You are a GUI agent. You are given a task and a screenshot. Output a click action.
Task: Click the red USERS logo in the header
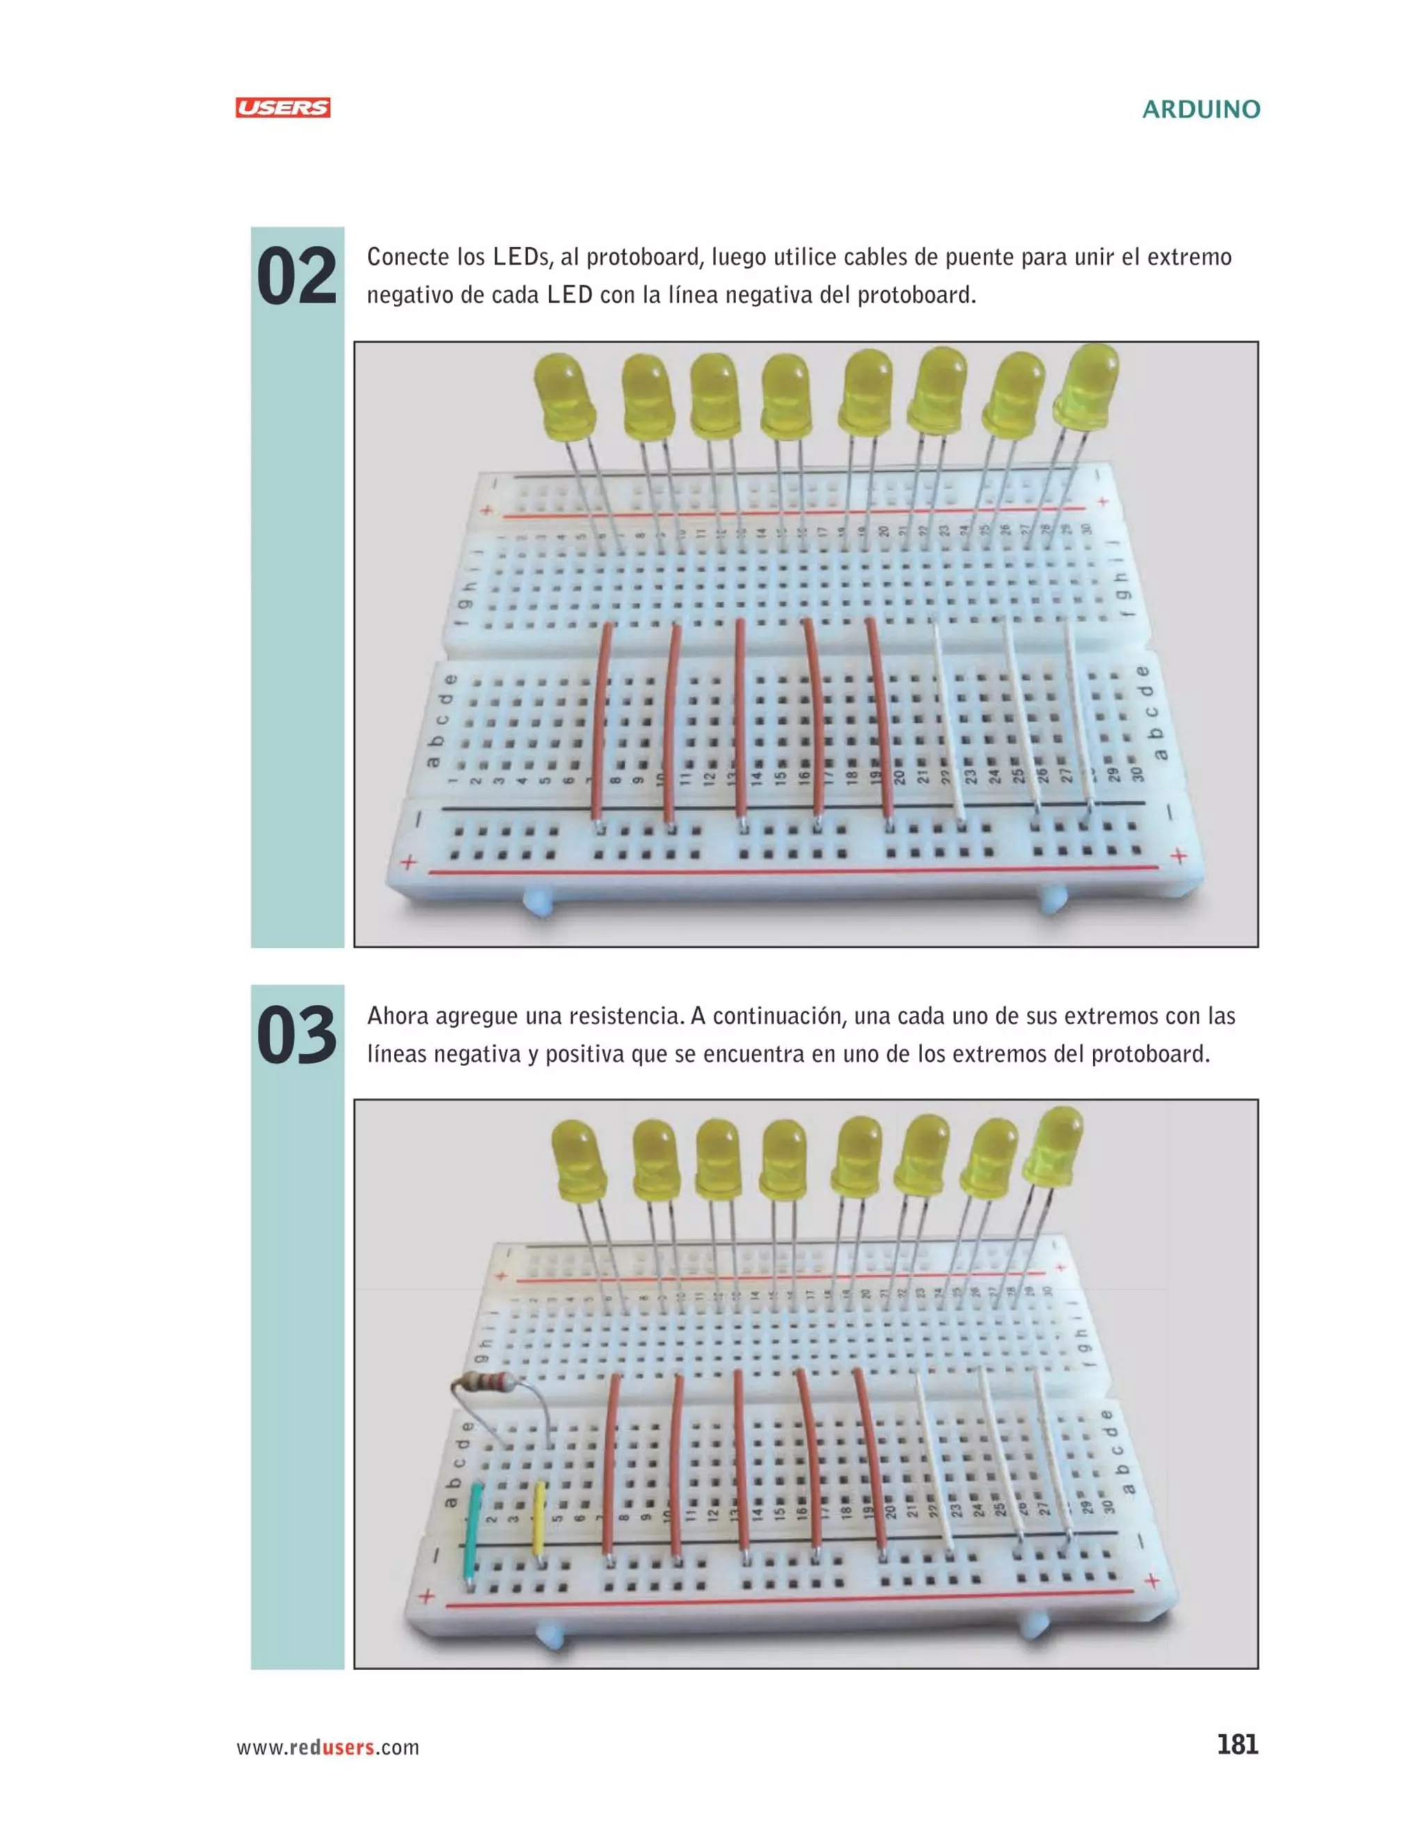tap(282, 108)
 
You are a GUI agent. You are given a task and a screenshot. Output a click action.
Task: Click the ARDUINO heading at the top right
tap(1200, 110)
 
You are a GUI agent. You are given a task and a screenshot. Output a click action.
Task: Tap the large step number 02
tap(296, 277)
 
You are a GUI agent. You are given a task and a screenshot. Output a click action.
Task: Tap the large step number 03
tap(296, 1035)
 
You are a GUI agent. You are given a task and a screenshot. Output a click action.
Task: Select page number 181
tap(1236, 1744)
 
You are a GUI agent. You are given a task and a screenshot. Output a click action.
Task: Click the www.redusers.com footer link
tap(328, 1747)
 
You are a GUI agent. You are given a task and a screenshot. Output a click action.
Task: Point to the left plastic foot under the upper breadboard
tap(538, 901)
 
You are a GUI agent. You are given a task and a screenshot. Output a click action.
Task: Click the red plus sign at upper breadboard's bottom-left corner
tap(408, 862)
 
